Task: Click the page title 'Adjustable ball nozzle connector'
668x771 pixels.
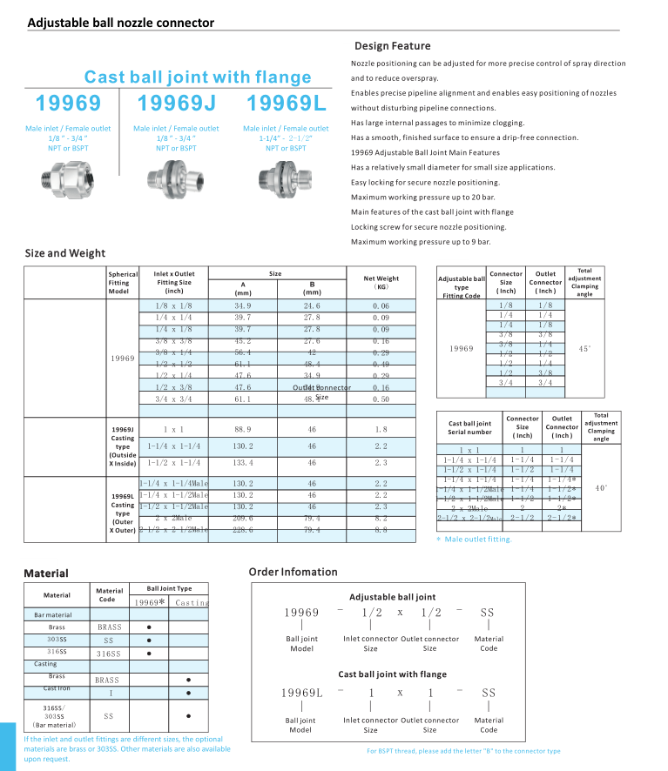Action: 120,23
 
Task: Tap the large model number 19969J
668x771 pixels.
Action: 176,104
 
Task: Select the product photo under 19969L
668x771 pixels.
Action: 286,174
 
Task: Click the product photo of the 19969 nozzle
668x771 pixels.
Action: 68,174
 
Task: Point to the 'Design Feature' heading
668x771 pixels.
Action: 392,46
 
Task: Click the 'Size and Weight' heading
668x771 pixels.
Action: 64,253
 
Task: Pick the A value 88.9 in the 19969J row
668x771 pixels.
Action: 243,429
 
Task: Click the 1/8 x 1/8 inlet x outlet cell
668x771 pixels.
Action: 173,306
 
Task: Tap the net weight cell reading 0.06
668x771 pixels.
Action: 381,306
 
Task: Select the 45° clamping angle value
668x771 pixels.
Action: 585,348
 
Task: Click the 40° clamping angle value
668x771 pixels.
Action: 600,488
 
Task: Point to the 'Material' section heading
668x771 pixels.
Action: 46,574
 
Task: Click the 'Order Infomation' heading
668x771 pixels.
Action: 293,572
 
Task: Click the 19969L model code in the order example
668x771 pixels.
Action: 301,693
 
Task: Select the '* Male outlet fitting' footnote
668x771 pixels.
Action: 478,540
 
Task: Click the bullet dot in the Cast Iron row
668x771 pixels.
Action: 189,694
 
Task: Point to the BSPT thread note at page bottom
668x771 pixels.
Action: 463,751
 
